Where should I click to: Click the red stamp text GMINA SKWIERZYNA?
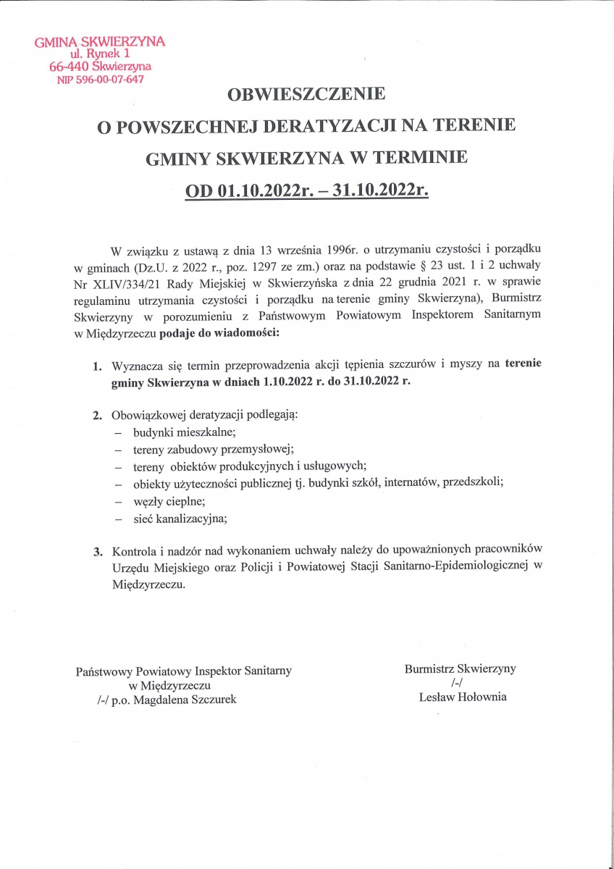[100, 41]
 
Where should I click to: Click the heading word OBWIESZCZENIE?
[307, 95]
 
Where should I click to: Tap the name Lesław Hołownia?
[463, 697]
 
